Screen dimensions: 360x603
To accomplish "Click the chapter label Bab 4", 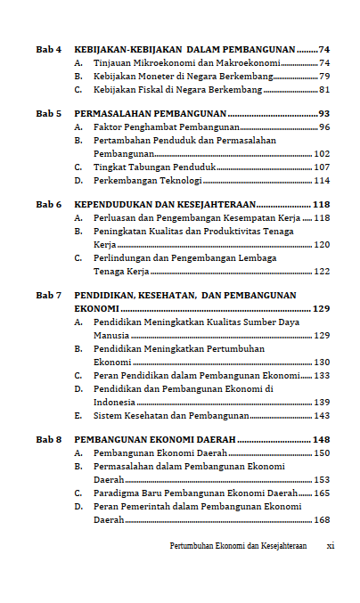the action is click(48, 49).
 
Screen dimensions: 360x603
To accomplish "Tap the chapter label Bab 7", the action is click(48, 295).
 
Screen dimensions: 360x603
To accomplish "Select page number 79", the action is click(324, 77).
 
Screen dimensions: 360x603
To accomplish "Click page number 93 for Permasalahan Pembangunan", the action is click(324, 115).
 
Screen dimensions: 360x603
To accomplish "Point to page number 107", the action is click(322, 167).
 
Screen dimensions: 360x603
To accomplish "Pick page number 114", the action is click(322, 181).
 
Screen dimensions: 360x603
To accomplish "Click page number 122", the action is click(322, 272).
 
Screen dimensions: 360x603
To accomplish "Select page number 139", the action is click(322, 403).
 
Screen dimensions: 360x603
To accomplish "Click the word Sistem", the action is click(109, 416).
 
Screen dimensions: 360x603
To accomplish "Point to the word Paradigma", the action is click(120, 493).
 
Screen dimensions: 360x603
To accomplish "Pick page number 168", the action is click(322, 520).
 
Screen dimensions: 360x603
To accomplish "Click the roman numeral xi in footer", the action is click(331, 545).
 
